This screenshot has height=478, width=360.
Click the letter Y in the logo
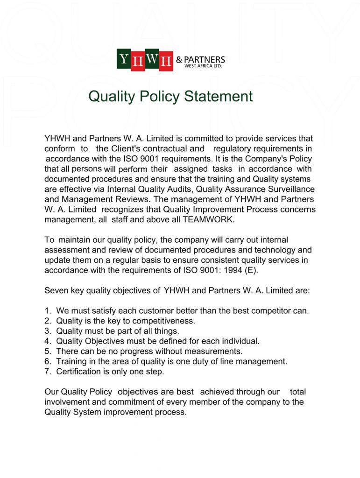click(124, 59)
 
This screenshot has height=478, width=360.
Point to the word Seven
click(56, 290)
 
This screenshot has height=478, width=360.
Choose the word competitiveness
click(163, 321)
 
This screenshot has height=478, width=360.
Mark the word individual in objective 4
click(241, 341)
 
